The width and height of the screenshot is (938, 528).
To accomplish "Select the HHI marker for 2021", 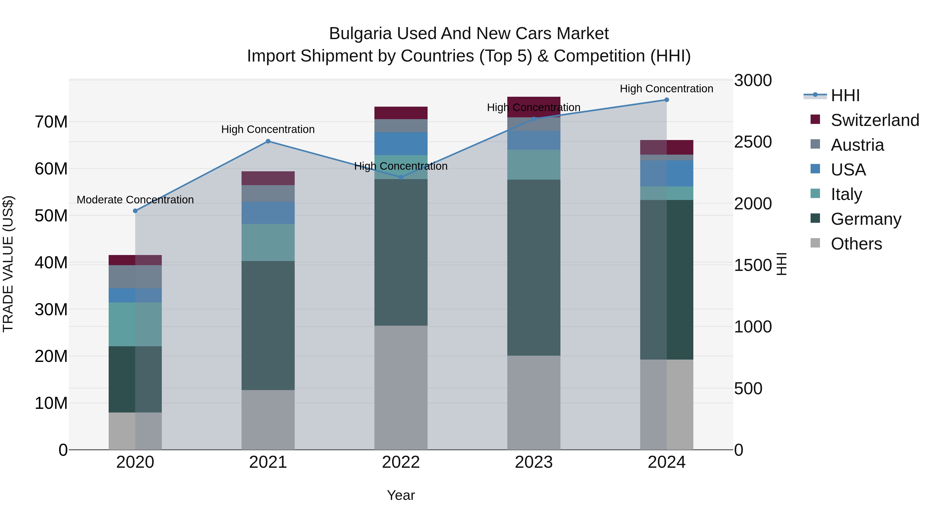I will click(x=268, y=141).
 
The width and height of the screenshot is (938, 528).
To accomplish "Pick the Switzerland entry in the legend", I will click(x=875, y=120).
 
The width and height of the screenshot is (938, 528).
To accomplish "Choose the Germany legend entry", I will click(x=866, y=219).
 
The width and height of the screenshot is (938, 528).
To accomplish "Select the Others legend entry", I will click(x=856, y=244).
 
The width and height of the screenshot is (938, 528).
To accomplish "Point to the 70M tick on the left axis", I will click(x=51, y=122).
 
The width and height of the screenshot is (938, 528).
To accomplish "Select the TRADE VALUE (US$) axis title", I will click(x=8, y=264).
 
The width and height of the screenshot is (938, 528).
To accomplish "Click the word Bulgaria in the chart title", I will click(x=361, y=34).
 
